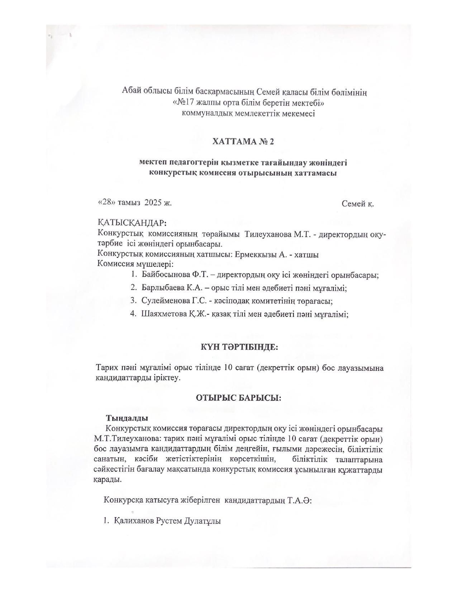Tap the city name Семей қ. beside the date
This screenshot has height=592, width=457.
pos(358,204)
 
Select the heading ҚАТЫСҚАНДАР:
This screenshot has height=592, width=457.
pos(132,222)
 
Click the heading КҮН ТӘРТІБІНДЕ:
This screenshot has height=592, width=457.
pos(239,347)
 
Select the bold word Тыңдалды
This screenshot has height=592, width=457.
pos(127,418)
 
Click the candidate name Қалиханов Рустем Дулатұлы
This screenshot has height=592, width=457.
pos(167,521)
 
